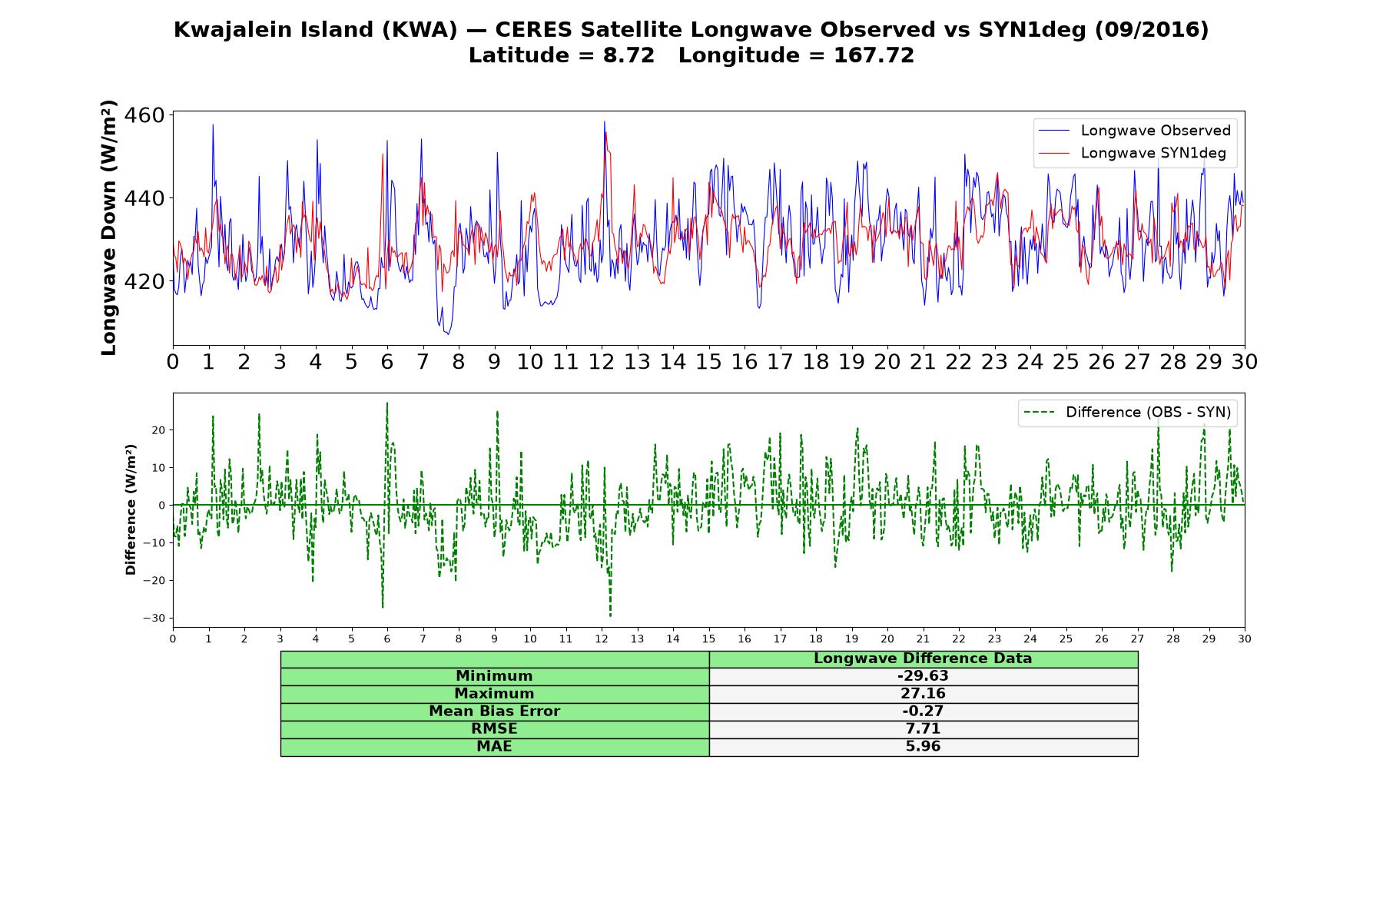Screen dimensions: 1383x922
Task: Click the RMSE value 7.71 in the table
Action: [923, 728]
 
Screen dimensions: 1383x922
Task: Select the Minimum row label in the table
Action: [494, 676]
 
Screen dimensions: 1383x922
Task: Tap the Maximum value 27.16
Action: [923, 694]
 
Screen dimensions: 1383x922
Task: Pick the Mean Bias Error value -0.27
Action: [923, 711]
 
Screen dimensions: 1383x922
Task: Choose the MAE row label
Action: [494, 746]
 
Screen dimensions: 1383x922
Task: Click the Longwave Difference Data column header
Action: [923, 658]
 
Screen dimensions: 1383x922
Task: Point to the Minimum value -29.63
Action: [923, 676]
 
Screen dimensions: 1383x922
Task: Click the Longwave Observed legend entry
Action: [1134, 131]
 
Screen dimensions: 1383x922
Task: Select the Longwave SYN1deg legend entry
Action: [1133, 153]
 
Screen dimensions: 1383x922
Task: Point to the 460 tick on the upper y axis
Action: [144, 115]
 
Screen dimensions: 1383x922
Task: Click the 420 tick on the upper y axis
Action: [144, 281]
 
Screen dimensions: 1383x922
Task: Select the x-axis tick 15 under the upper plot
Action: [708, 362]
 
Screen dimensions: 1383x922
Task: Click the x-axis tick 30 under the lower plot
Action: [1245, 639]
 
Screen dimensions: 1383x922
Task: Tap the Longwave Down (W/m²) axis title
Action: [108, 227]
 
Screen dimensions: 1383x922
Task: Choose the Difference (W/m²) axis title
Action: [131, 509]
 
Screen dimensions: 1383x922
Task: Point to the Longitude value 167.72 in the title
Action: [874, 55]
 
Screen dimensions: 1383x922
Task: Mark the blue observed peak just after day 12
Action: [604, 121]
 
